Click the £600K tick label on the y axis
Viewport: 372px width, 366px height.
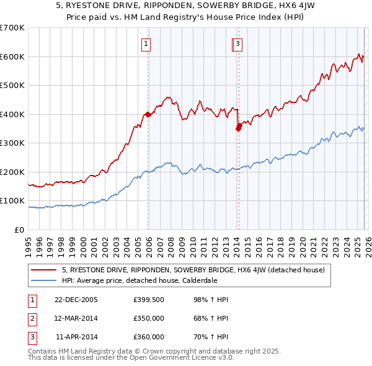pyautogui.click(x=12, y=56)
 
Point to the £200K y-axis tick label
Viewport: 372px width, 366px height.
pyautogui.click(x=12, y=172)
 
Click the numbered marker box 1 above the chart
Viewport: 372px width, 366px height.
pyautogui.click(x=146, y=43)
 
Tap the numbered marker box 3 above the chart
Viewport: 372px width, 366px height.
pyautogui.click(x=238, y=43)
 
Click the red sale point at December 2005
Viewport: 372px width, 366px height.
pyautogui.click(x=148, y=115)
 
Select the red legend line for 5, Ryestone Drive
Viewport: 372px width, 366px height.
pyautogui.click(x=44, y=270)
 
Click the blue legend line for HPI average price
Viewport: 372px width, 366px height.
pyautogui.click(x=44, y=280)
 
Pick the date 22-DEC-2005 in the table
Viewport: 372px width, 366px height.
pyautogui.click(x=76, y=300)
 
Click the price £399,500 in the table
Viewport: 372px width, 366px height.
pyautogui.click(x=149, y=300)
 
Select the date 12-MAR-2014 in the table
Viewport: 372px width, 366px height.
pyautogui.click(x=76, y=318)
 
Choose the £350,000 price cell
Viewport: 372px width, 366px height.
pyautogui.click(x=149, y=318)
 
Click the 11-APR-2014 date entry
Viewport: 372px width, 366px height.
pyautogui.click(x=76, y=337)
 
